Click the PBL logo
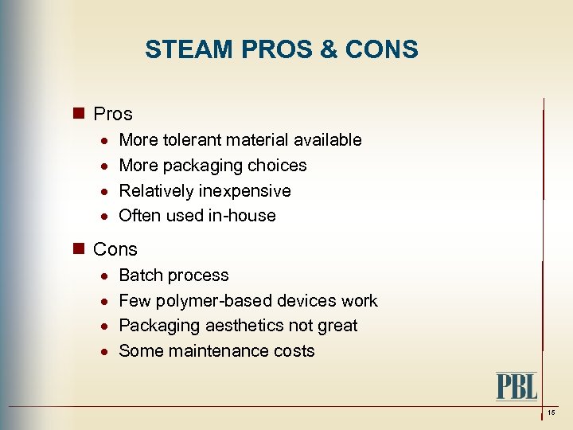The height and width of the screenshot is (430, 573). click(x=516, y=386)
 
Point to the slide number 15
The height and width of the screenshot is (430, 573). click(x=552, y=412)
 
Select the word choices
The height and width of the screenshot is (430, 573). click(x=278, y=166)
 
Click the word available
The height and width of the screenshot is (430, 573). click(x=328, y=140)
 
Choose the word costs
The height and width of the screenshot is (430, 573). click(x=294, y=351)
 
